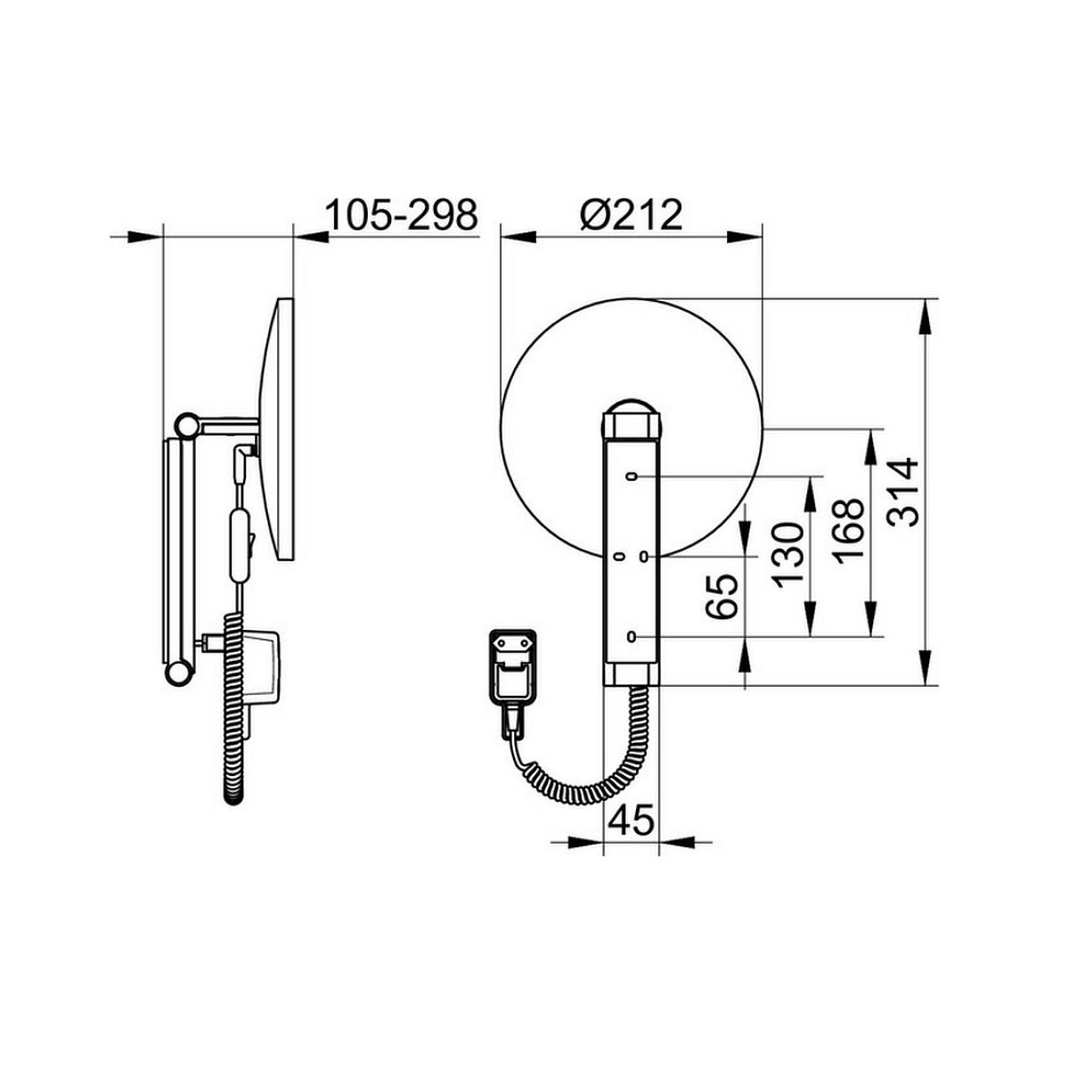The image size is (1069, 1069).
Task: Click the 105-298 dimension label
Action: (x=401, y=215)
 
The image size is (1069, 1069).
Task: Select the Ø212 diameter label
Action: (x=632, y=215)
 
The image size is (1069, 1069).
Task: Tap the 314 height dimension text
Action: (x=902, y=492)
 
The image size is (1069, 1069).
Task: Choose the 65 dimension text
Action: (x=722, y=596)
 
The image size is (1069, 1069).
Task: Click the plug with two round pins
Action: (x=511, y=668)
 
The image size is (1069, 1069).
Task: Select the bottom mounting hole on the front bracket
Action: (x=631, y=636)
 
